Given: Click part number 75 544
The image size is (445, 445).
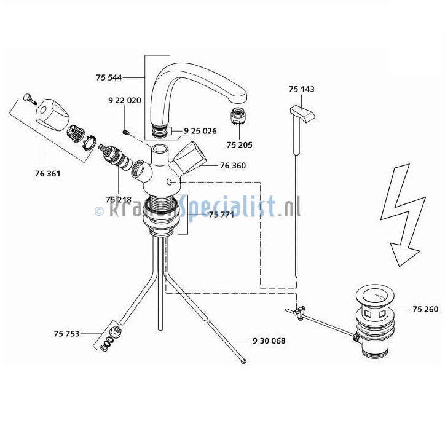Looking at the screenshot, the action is click(109, 77).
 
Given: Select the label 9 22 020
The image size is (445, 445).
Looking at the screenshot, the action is click(125, 100).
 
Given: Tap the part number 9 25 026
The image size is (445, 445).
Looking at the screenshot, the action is click(200, 131).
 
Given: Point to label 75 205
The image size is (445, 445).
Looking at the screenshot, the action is click(240, 144).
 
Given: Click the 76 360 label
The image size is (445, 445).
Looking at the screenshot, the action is click(233, 165).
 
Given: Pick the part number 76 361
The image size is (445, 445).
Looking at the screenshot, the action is click(48, 173).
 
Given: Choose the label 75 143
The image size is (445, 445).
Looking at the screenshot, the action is click(302, 89).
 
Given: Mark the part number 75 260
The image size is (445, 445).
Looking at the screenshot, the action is click(425, 309).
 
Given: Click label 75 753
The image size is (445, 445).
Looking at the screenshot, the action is click(66, 334).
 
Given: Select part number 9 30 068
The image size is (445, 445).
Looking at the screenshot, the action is click(269, 341).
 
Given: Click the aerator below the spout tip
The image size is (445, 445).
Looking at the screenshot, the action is click(238, 117).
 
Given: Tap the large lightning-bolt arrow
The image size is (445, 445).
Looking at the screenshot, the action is click(403, 216).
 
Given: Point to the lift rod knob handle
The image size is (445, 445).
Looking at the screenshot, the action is click(302, 113).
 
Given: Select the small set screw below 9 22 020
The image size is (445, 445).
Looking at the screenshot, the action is click(125, 132).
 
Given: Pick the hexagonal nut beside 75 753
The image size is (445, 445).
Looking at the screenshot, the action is click(116, 330).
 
